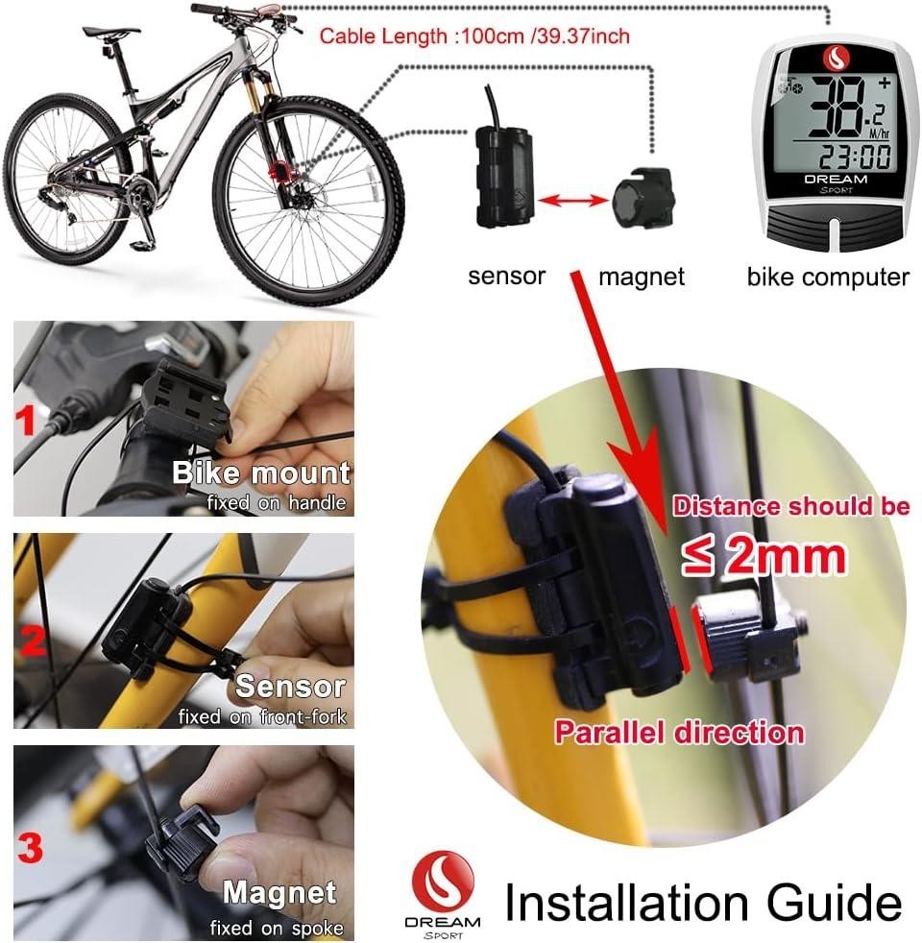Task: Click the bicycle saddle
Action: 104,31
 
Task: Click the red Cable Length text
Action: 474,36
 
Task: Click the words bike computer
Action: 828,278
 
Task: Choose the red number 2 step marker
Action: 33,641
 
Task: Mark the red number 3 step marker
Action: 32,847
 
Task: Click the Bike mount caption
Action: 261,472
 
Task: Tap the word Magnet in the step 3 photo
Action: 281,893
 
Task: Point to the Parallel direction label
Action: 678,733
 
